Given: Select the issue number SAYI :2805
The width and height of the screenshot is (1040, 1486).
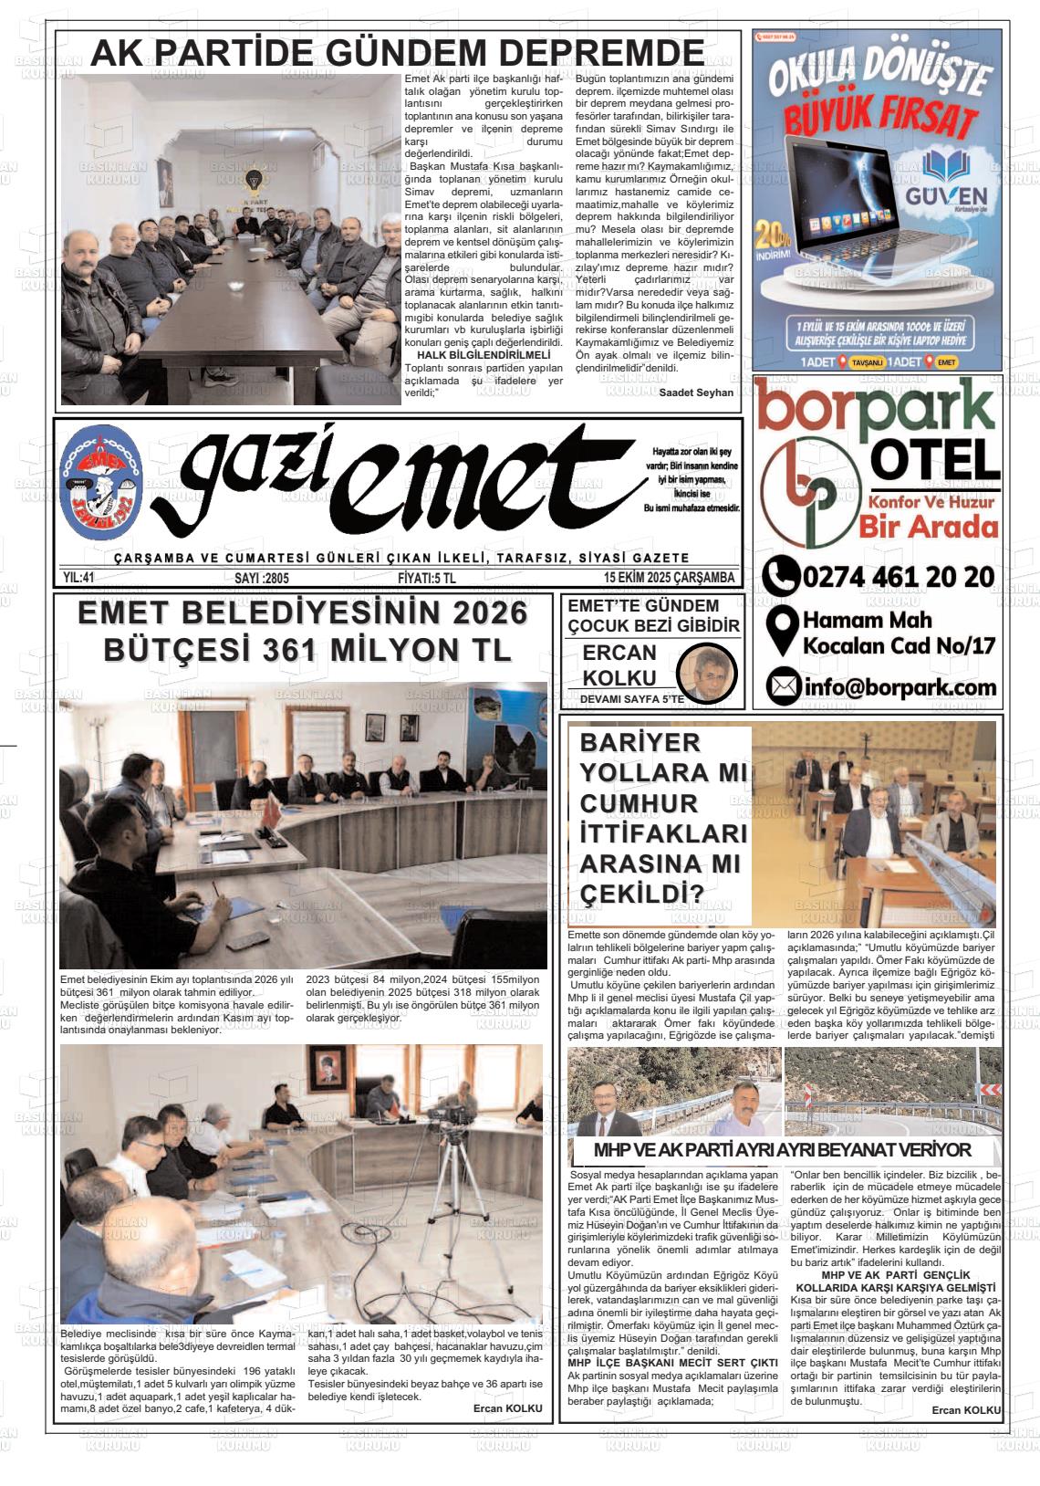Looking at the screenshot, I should (x=262, y=578).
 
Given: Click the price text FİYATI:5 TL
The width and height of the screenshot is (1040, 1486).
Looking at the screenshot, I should (x=427, y=578).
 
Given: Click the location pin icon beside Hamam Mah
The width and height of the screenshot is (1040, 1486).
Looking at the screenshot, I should (x=782, y=632).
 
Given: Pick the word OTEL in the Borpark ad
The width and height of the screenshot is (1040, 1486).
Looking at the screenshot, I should (x=934, y=459).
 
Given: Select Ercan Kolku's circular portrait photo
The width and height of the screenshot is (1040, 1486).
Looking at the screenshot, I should (x=709, y=671).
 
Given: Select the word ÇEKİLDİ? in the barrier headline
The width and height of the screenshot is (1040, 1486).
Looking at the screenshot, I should (x=641, y=892).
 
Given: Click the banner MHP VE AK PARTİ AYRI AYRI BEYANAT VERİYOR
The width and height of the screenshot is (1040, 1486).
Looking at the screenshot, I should (x=782, y=1149).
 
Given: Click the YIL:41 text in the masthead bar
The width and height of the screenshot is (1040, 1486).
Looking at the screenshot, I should (x=79, y=578).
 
